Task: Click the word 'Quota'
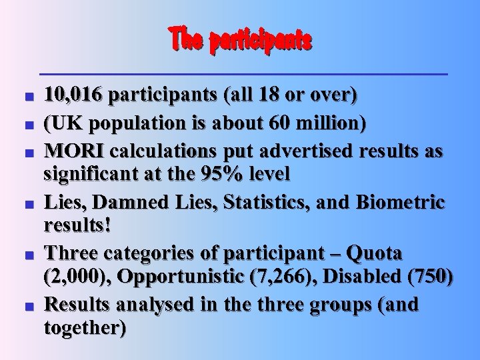[x=374, y=253]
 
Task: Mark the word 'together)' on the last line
[x=85, y=328]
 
